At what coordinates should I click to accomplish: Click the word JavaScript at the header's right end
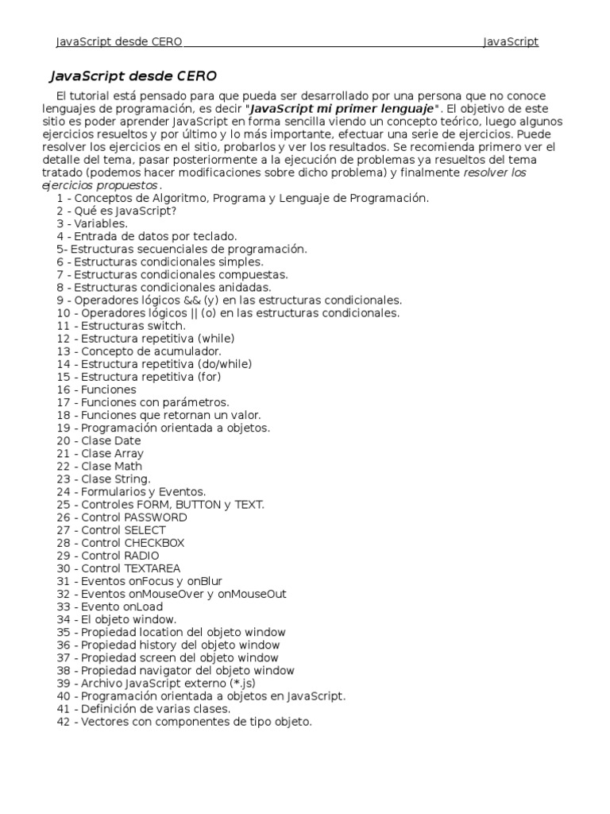pos(511,41)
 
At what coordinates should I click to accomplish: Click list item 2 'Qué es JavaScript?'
pos(117,211)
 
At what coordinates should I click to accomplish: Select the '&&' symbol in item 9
pos(191,300)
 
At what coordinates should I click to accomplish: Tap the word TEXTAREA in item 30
pos(152,568)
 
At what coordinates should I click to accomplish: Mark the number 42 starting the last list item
pos(64,722)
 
